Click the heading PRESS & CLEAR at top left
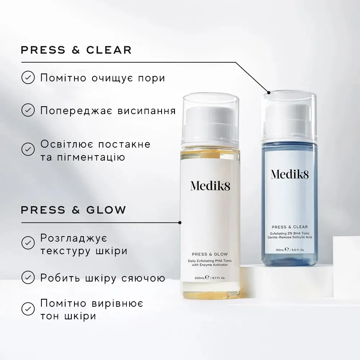(x=76, y=50)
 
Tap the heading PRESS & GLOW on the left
(x=73, y=210)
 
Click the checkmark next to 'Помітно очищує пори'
(x=28, y=77)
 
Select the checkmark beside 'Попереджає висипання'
(x=28, y=110)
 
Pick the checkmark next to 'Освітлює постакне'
(x=28, y=149)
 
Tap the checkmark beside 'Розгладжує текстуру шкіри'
(x=28, y=243)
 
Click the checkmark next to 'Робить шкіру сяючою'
(x=28, y=278)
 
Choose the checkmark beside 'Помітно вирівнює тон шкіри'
(x=28, y=309)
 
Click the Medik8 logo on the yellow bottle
(x=210, y=186)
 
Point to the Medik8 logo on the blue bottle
(x=290, y=174)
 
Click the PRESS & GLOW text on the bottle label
(x=210, y=254)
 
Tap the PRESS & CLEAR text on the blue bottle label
(x=290, y=227)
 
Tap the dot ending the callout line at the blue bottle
(x=269, y=93)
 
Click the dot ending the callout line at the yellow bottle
(x=180, y=222)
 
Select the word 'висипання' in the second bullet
(x=147, y=111)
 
